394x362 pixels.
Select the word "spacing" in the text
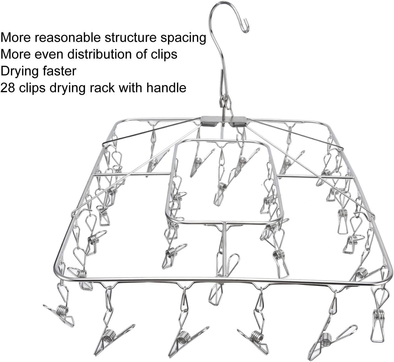[x=183, y=38]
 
